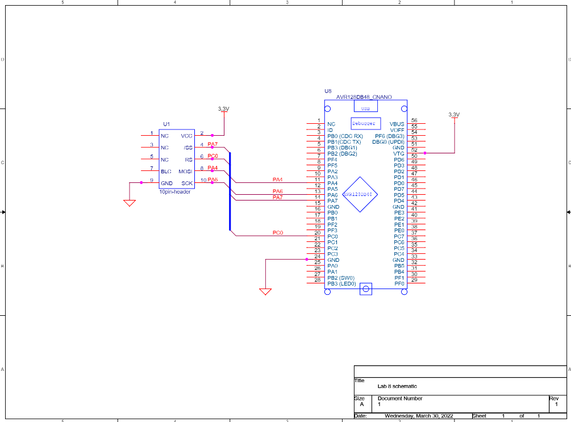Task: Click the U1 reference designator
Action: tap(166, 124)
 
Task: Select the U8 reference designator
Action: tap(328, 91)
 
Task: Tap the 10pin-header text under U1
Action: tap(175, 192)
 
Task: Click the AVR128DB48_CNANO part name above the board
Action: tap(364, 97)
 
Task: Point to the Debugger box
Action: tap(364, 123)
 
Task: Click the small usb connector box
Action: tap(365, 107)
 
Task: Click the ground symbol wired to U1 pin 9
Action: tap(130, 202)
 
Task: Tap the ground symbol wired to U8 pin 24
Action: tap(265, 292)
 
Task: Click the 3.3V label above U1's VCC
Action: tap(224, 108)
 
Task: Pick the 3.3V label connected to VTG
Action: tap(453, 114)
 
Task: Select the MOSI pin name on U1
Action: tap(186, 171)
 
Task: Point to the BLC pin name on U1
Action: tap(166, 171)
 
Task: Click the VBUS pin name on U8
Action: tap(397, 124)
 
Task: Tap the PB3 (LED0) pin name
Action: tap(341, 283)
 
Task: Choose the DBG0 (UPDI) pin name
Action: tap(388, 142)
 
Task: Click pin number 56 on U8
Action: tap(414, 120)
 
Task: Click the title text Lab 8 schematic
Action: tap(397, 386)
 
